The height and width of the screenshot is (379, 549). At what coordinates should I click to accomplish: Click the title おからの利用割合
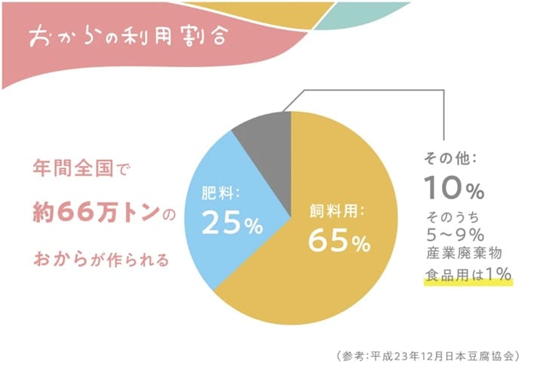128,36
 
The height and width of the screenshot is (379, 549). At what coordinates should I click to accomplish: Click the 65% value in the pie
339,241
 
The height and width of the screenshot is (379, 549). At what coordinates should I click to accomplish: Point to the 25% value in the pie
232,222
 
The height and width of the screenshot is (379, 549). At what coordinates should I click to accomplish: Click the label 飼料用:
337,211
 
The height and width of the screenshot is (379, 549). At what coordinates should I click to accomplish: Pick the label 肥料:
220,193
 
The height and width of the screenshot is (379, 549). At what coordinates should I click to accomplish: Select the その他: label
450,159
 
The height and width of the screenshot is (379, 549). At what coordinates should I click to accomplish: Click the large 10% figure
454,187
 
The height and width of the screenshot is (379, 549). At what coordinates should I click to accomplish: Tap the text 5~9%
455,235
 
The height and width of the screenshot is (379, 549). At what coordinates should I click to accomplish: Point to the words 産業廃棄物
464,253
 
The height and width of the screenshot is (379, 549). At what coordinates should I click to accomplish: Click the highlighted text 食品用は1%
468,274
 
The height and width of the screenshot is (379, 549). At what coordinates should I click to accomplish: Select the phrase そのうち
452,217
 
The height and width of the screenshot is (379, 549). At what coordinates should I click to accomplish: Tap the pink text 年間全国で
81,168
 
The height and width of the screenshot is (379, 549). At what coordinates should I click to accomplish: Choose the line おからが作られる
102,260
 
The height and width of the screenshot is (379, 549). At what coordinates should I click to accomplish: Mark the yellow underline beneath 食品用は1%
468,282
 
